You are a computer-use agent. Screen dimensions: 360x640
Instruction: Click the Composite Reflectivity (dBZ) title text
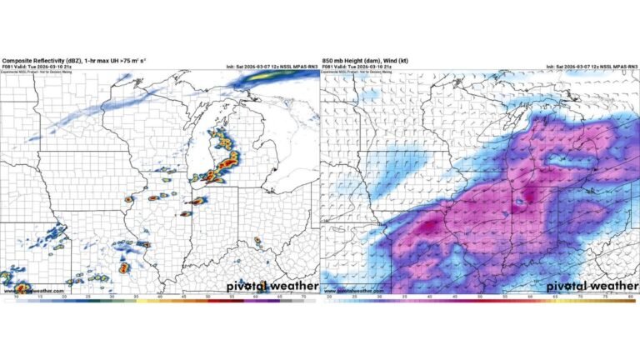click(37, 61)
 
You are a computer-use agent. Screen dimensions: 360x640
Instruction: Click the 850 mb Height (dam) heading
click(351, 61)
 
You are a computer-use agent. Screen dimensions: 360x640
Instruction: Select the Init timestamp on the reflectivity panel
click(271, 67)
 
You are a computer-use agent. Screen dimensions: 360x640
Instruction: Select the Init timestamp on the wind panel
click(592, 67)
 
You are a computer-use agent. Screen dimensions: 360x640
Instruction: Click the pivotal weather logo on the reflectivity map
click(271, 286)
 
